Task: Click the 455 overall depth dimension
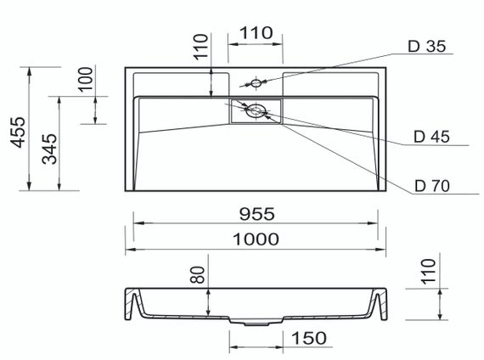(x=18, y=132)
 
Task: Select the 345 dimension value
(x=49, y=149)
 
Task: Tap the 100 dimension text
(x=85, y=79)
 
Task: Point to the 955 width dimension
(x=256, y=214)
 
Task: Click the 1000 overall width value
(x=256, y=239)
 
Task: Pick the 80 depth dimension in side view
(x=197, y=275)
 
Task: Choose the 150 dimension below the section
(x=309, y=338)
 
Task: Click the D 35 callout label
(x=427, y=47)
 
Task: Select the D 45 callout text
(x=431, y=137)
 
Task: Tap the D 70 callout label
(x=432, y=186)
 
